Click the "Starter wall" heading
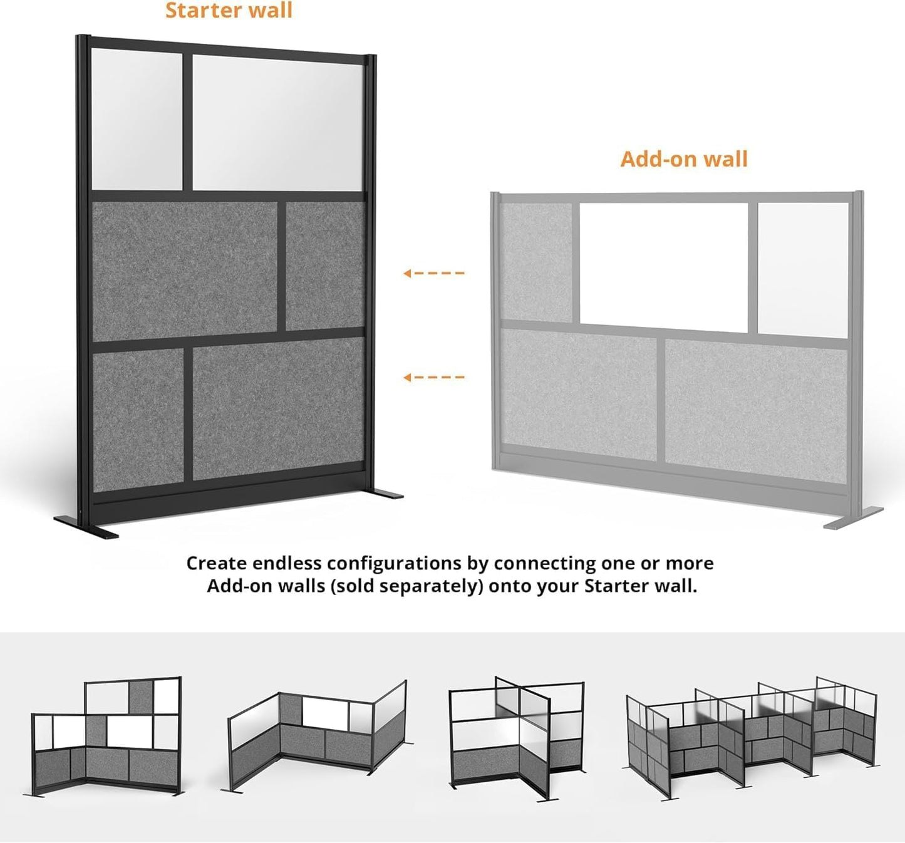tap(229, 11)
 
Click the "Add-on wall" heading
tap(684, 159)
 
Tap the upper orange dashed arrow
tap(434, 273)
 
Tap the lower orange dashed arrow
tap(434, 377)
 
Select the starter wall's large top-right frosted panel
tap(277, 123)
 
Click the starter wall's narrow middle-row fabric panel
tap(325, 266)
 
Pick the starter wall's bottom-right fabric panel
tap(278, 408)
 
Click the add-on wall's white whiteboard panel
tap(664, 267)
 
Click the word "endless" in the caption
tap(287, 563)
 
